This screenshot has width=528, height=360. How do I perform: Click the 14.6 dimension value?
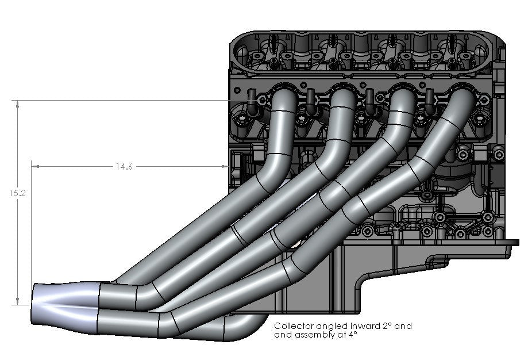click(x=124, y=167)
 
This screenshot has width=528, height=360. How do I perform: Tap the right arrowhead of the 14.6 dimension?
click(x=225, y=166)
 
